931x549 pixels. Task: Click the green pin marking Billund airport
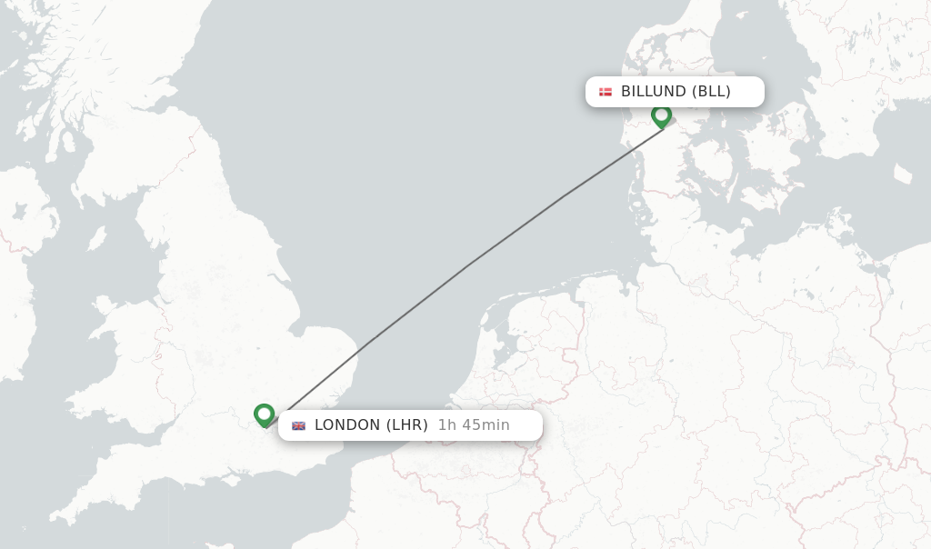coord(661,115)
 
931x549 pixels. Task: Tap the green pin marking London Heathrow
coord(265,414)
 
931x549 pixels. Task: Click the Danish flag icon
coord(606,92)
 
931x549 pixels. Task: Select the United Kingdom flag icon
coord(298,425)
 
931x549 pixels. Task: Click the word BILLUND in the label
coord(654,92)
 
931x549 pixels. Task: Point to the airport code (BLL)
coord(711,92)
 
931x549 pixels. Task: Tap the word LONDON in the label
coord(347,425)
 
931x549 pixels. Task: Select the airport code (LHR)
coord(406,425)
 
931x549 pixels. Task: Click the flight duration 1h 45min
coord(474,425)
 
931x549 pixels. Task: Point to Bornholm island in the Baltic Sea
coord(903,174)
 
